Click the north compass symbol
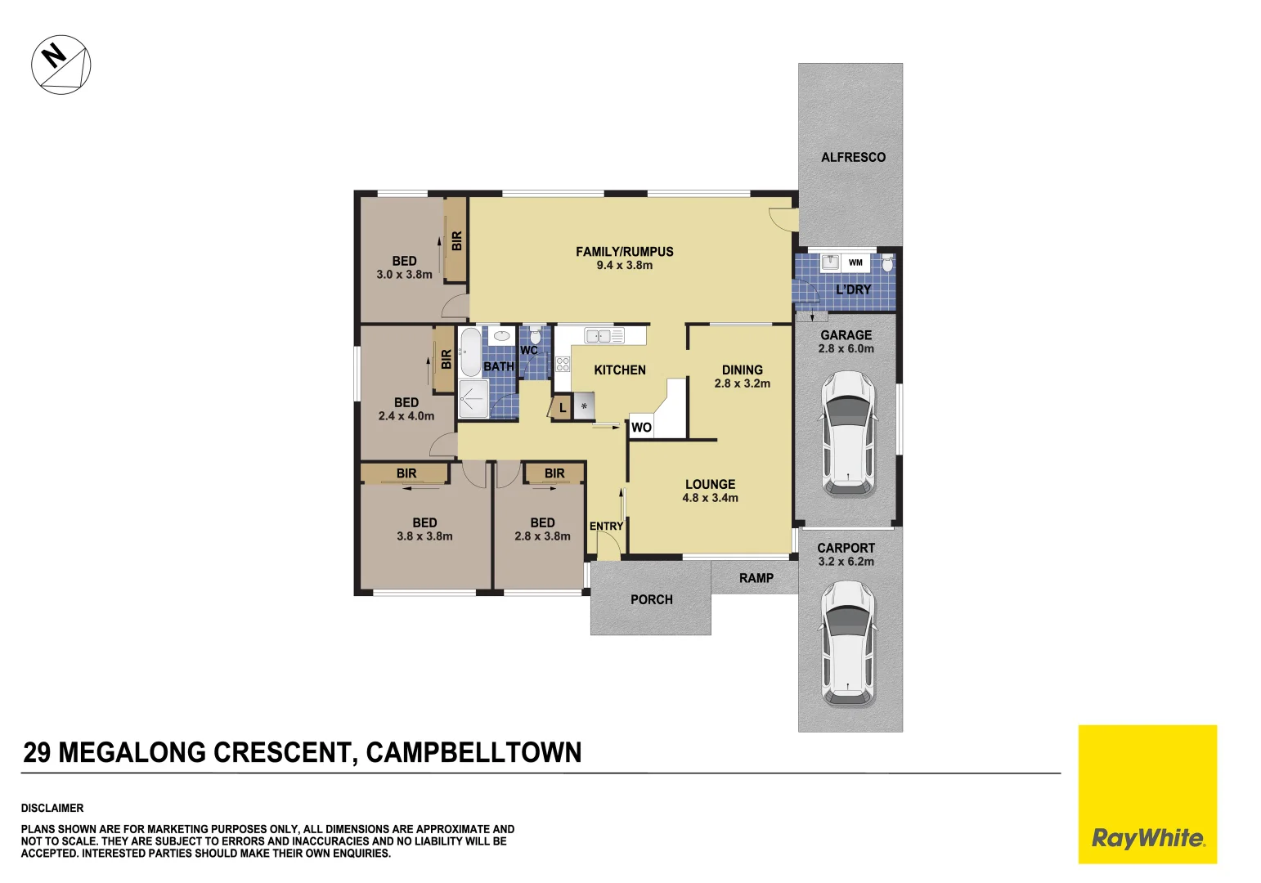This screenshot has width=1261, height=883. pyautogui.click(x=61, y=65)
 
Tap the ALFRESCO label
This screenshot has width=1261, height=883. pyautogui.click(x=853, y=157)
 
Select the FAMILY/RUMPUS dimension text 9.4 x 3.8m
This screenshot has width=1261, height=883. pyautogui.click(x=624, y=266)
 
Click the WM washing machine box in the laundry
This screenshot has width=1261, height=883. pyautogui.click(x=855, y=262)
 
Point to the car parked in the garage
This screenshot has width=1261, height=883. pyautogui.click(x=847, y=433)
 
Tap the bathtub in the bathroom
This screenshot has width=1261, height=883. pyautogui.click(x=470, y=352)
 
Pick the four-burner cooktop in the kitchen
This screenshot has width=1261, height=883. pyautogui.click(x=563, y=365)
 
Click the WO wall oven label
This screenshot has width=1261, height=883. pyautogui.click(x=641, y=428)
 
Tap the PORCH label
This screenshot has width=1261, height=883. pyautogui.click(x=651, y=599)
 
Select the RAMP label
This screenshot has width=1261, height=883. pyautogui.click(x=756, y=578)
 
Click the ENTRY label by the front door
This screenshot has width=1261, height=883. pyautogui.click(x=606, y=527)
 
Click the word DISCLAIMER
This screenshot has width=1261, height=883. pyautogui.click(x=52, y=808)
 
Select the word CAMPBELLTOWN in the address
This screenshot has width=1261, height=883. pyautogui.click(x=473, y=752)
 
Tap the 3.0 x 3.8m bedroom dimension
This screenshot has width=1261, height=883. pyautogui.click(x=404, y=275)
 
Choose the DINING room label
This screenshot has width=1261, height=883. pyautogui.click(x=742, y=370)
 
